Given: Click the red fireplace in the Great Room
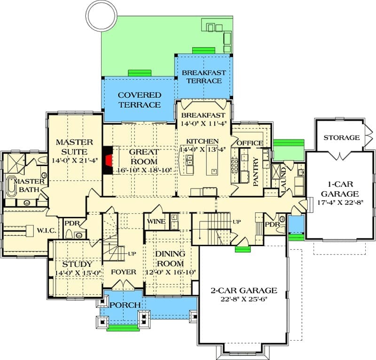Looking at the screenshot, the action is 109,160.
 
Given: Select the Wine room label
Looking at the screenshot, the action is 156,222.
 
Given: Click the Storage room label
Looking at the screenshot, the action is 342,137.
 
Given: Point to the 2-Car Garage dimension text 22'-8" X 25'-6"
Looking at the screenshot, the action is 244,299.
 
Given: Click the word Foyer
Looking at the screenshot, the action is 124,272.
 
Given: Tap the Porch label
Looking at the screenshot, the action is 125,305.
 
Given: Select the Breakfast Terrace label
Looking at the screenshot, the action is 204,77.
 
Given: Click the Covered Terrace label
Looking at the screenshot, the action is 140,100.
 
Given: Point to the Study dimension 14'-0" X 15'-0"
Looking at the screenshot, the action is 78,273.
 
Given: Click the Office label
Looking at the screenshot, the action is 250,143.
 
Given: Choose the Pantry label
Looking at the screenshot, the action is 256,171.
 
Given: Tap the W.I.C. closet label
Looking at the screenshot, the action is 47,231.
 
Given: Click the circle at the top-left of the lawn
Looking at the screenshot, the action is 102,15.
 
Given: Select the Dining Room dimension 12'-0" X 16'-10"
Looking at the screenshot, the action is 171,272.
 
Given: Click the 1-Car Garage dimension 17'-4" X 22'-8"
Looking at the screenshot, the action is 340,202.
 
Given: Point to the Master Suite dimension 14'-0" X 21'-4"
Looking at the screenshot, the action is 75,160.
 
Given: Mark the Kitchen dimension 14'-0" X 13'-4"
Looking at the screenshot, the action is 203,149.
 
